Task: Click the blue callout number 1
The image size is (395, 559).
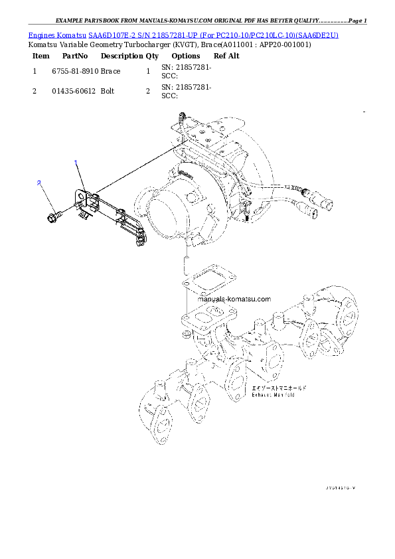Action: point(76,163)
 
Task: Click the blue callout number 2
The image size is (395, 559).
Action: point(40,183)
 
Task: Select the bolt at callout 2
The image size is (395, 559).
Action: point(54,216)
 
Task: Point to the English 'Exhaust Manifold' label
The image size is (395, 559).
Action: point(274,394)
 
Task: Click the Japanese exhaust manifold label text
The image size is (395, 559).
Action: point(278,386)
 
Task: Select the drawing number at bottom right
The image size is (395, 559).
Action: point(341,488)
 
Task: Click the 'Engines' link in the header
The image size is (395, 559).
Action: point(42,34)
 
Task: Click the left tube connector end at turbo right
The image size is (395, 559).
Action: point(311,209)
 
